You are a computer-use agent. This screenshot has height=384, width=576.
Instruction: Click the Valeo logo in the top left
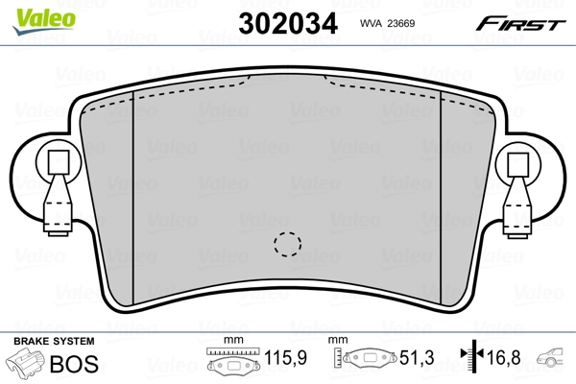point(33,12)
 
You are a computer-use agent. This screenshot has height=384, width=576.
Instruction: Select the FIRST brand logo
point(523,21)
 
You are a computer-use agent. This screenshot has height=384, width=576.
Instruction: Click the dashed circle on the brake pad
point(285,245)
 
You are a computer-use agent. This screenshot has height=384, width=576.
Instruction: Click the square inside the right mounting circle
point(517,162)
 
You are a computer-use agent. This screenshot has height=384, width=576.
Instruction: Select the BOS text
point(83,364)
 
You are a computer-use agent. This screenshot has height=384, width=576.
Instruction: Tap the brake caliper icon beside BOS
point(27,365)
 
